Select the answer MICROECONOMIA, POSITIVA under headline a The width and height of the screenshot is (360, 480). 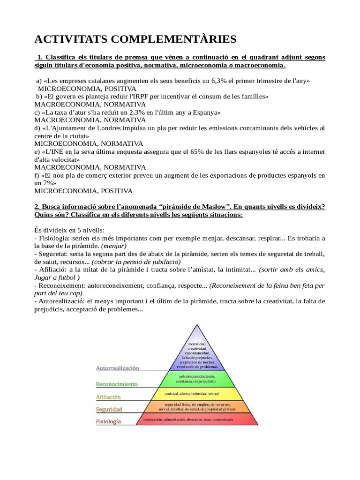[87, 88]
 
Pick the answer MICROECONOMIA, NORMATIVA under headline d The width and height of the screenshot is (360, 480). [89, 143]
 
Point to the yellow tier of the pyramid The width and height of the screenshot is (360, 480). [197, 394]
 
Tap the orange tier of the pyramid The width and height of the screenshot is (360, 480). [197, 407]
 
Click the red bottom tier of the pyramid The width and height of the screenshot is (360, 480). [197, 420]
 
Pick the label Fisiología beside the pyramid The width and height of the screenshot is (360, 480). [108, 421]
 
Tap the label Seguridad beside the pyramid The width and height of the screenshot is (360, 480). [109, 409]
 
